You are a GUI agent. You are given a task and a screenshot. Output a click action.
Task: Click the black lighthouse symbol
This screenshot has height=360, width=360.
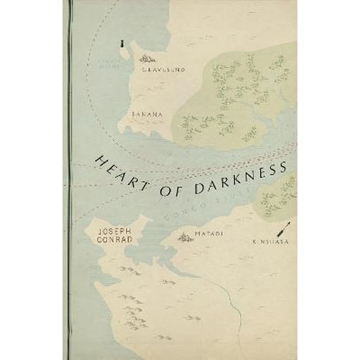coord(122,44)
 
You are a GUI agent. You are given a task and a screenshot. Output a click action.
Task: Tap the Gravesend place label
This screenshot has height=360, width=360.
coord(157,70)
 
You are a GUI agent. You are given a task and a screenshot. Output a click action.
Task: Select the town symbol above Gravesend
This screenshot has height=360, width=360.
coord(147,58)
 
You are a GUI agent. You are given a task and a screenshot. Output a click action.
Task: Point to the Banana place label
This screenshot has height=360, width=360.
coord(147,114)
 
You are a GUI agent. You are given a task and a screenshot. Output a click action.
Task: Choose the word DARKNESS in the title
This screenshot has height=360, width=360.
coord(240,178)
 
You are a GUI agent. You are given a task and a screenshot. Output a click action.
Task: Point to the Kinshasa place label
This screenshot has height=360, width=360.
coord(270,242)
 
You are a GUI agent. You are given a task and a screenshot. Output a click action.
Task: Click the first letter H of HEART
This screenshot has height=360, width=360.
coord(99,159)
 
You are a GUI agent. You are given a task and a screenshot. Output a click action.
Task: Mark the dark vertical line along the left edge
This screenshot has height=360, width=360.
coord(69,180)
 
